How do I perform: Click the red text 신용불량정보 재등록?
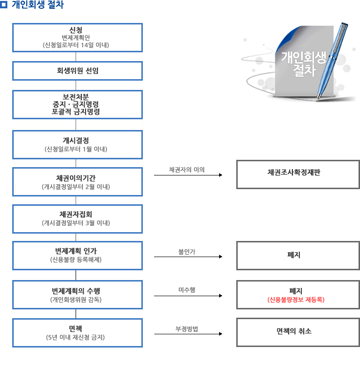click(x=296, y=300)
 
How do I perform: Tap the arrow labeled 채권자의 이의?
click(x=188, y=175)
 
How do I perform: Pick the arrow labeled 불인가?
click(x=188, y=257)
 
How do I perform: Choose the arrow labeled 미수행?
click(x=188, y=296)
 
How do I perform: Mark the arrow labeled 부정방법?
click(x=188, y=334)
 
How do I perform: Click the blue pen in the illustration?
click(x=332, y=61)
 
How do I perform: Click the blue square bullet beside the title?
click(x=4, y=4)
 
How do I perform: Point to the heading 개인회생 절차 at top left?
click(x=38, y=4)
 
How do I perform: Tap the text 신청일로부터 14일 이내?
click(x=76, y=45)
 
